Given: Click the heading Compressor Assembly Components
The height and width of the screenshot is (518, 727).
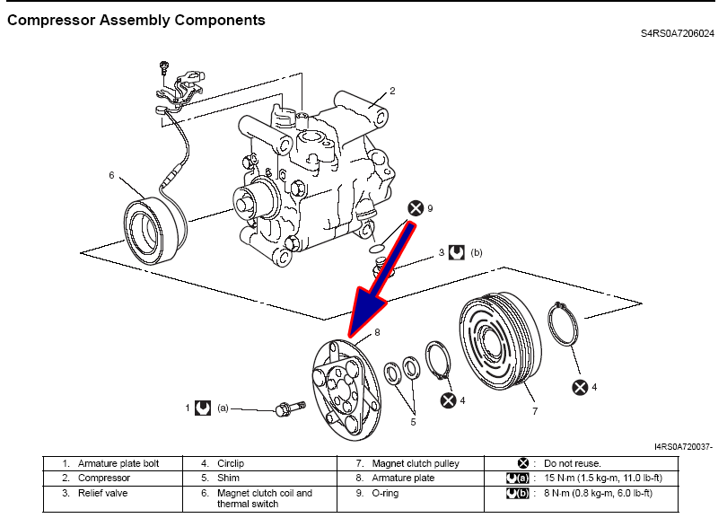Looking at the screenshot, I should coord(136,19).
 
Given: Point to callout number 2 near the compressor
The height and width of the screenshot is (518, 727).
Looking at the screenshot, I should coord(392,91).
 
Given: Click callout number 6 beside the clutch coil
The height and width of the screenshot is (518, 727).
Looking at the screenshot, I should coord(112,176).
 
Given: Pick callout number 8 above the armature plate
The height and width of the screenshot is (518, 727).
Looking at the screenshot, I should coord(378,332).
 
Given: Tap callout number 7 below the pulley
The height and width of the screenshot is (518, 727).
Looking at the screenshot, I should coord(534,411).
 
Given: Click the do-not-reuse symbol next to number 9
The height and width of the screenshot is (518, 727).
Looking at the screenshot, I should coord(416,208).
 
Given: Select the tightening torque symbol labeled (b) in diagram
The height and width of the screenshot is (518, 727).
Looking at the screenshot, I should coord(456,253).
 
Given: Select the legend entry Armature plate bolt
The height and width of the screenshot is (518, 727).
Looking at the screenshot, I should coord(118,463).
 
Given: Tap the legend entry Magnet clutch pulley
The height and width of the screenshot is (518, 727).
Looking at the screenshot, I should coord(415,463).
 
